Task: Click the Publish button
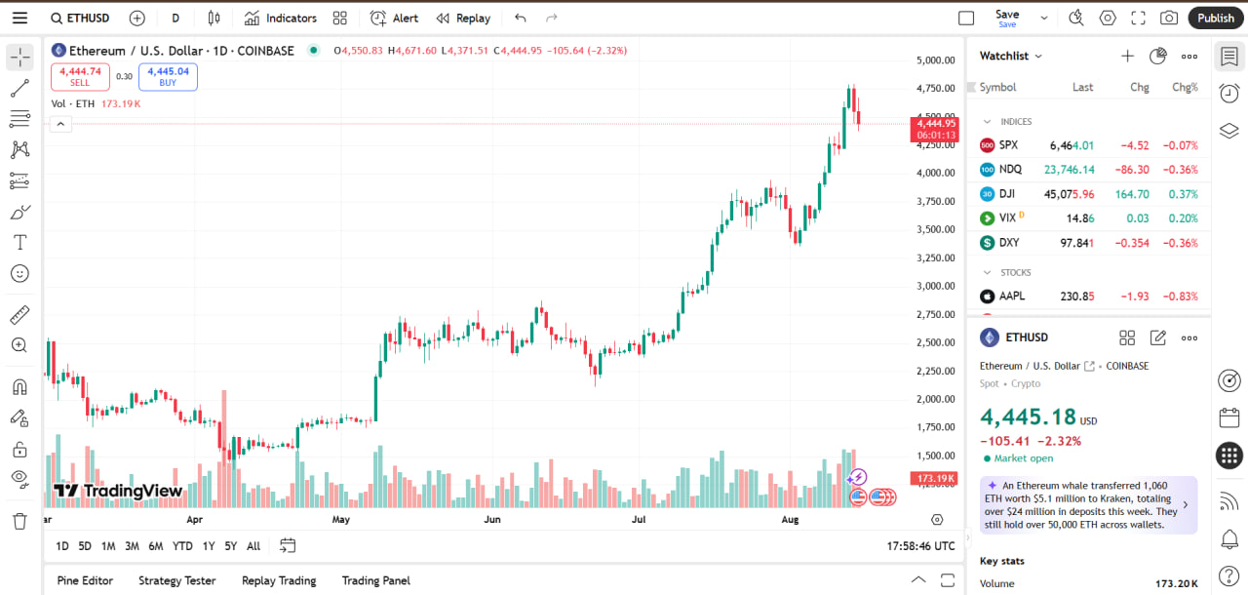click(x=1216, y=18)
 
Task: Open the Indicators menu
click(x=281, y=18)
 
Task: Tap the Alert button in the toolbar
click(x=395, y=18)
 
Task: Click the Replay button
click(x=463, y=18)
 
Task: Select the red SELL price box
click(x=80, y=77)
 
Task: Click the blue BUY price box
click(x=168, y=77)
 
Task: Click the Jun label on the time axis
click(x=492, y=520)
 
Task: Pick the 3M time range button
click(x=132, y=546)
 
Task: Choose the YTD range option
click(x=182, y=546)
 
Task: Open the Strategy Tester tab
click(x=176, y=580)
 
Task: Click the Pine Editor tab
click(x=85, y=580)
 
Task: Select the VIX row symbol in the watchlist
click(x=1008, y=218)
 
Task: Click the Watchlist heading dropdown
click(x=1011, y=57)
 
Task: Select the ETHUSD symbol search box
click(x=83, y=18)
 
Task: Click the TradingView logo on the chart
click(x=118, y=491)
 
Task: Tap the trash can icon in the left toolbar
click(x=19, y=521)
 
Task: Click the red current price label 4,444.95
click(x=937, y=124)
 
